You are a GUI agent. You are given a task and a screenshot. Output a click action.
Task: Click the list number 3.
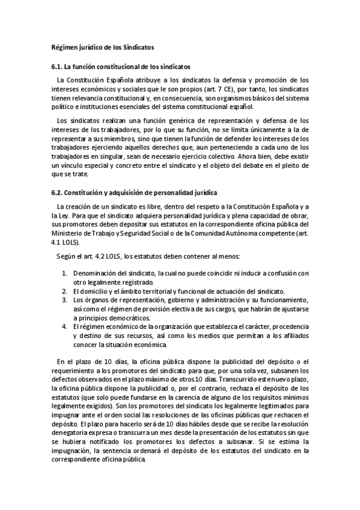[x=64, y=299]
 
